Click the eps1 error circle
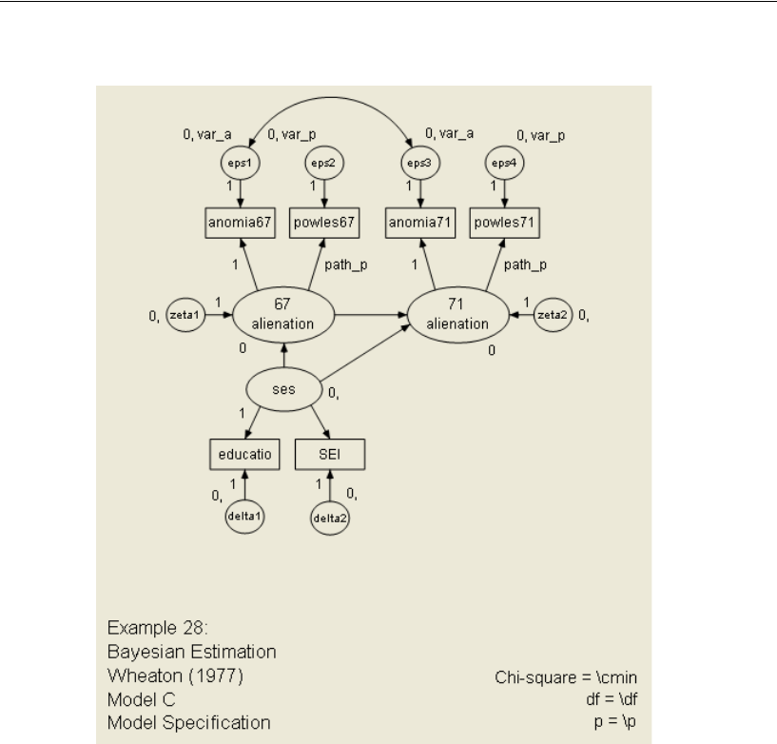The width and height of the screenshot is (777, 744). [240, 162]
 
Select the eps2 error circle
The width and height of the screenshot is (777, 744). [325, 162]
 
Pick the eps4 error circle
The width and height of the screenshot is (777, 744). [503, 162]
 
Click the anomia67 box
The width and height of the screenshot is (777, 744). [240, 225]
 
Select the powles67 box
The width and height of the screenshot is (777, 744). [325, 225]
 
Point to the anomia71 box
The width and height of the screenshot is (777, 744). [419, 225]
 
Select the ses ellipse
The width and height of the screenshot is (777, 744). [282, 389]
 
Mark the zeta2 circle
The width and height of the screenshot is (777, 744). [553, 315]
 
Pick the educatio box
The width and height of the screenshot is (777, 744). [243, 455]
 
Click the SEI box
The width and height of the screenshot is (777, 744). [328, 455]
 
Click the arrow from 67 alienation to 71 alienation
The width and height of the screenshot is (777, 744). [371, 314]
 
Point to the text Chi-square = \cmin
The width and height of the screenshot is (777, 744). [556, 678]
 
